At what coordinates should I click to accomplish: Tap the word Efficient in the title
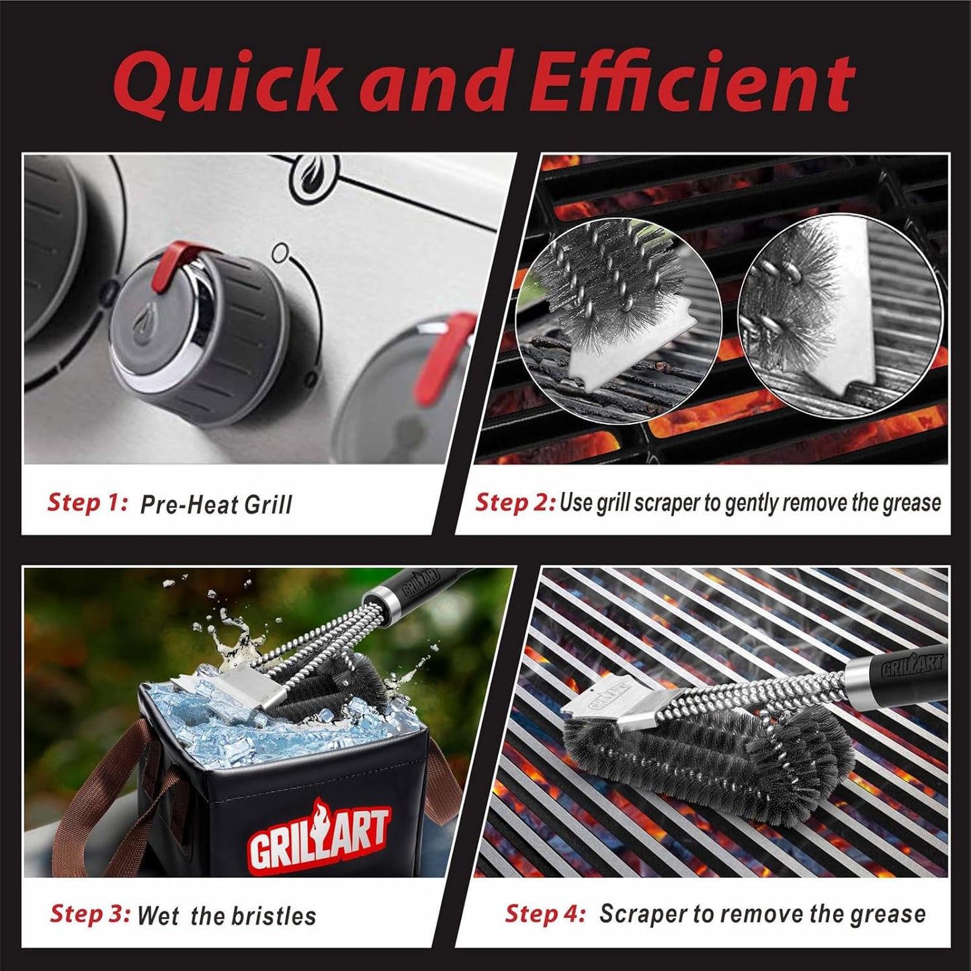691,83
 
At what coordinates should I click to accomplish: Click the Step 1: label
87,502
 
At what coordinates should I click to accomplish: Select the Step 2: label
515,502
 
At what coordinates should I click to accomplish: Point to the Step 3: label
90,914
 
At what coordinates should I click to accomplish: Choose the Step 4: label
545,914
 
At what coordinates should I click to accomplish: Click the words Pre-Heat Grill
216,505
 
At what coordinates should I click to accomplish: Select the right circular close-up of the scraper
840,316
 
